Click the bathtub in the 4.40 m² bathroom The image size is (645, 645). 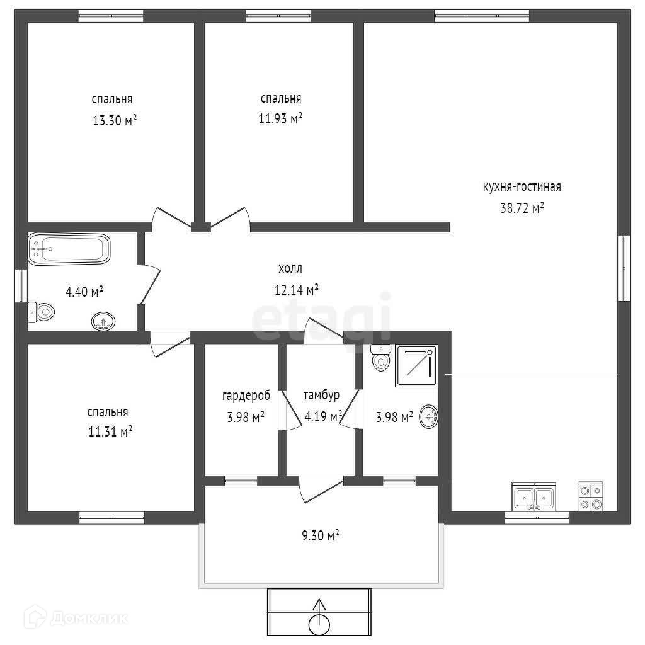point(69,249)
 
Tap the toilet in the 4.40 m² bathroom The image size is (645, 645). point(41,312)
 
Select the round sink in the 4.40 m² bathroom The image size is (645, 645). point(103,321)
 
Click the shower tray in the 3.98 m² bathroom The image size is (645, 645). point(416,366)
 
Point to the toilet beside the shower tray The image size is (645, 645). point(381,358)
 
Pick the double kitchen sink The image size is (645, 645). point(534,496)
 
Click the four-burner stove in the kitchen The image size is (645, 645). point(591,496)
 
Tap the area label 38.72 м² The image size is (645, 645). point(522,208)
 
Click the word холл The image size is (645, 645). point(290,268)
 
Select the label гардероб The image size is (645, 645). point(246,396)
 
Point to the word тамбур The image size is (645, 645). point(321,396)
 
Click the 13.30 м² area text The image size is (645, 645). point(115,120)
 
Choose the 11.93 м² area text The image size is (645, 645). point(280,118)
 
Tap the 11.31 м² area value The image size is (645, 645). point(110,431)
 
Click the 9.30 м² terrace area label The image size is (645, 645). point(321,535)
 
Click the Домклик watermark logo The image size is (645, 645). point(76,617)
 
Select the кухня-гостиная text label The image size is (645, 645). point(522,186)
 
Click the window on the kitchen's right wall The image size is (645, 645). point(624,268)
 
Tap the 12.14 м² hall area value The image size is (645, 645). point(297,290)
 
